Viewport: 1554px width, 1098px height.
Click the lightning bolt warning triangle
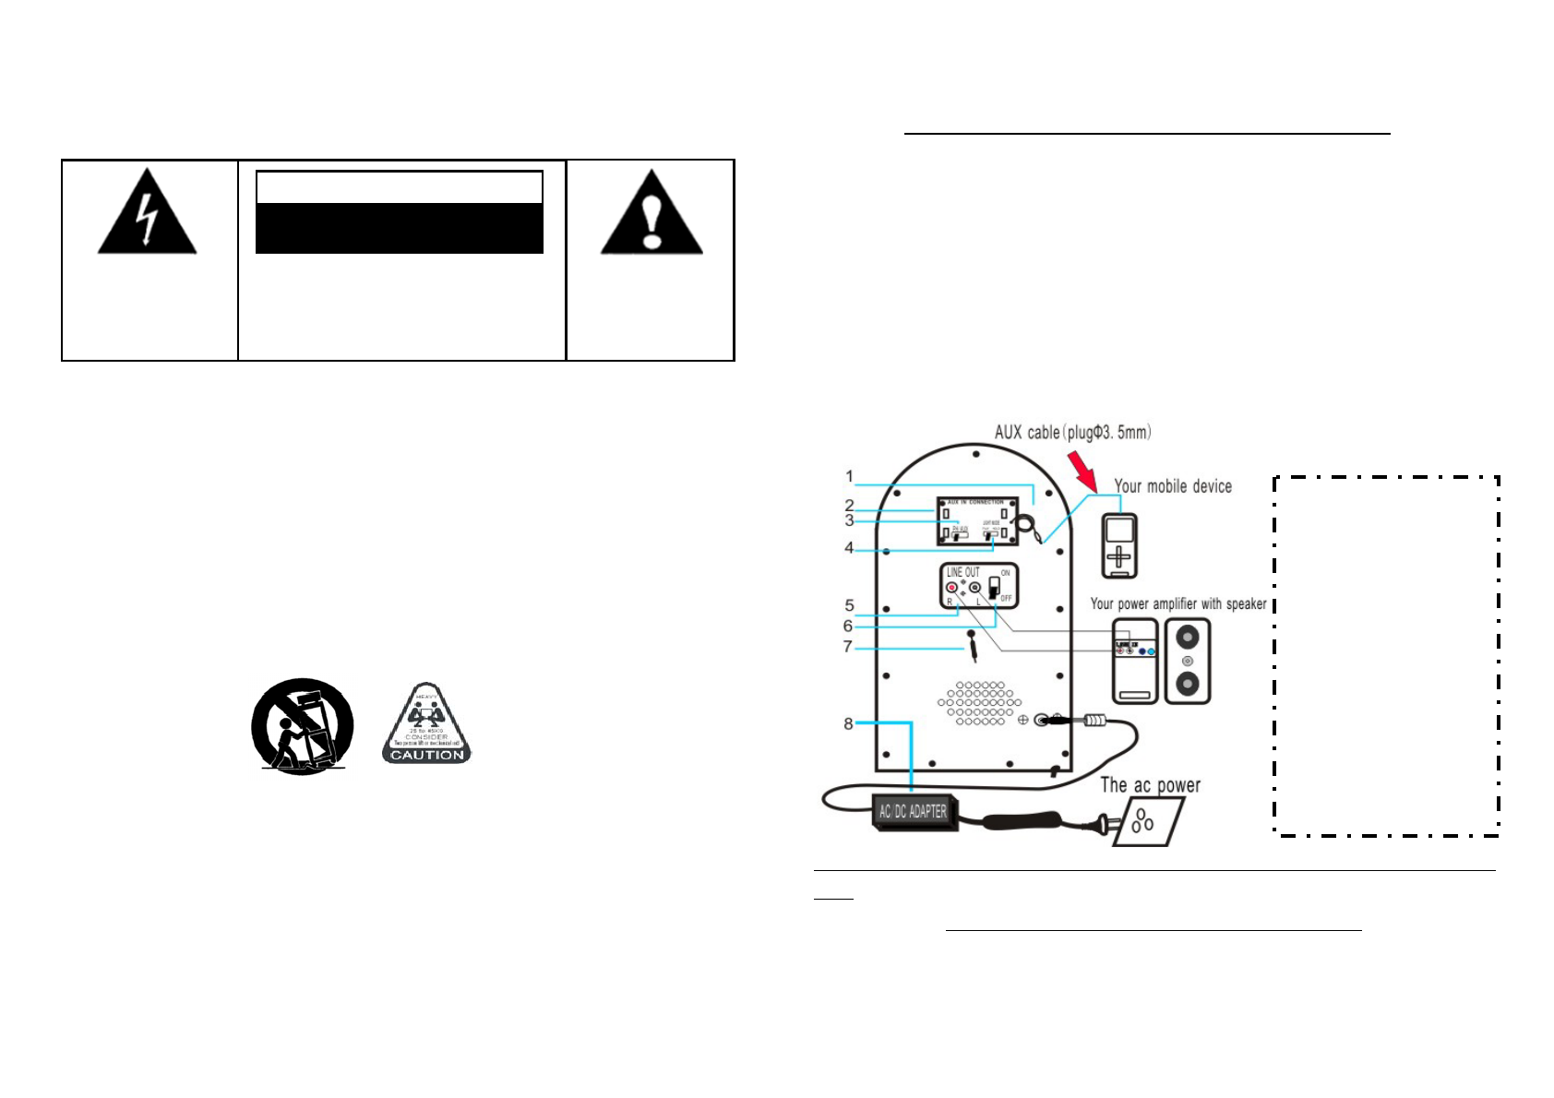pyautogui.click(x=147, y=215)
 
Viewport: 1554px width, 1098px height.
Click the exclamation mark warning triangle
pyautogui.click(x=651, y=215)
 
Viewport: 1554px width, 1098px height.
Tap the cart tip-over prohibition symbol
pyautogui.click(x=303, y=726)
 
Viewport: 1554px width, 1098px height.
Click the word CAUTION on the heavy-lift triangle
pyautogui.click(x=427, y=755)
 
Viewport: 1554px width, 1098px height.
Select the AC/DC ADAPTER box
pyautogui.click(x=913, y=812)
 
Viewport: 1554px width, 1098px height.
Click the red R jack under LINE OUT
pyautogui.click(x=951, y=588)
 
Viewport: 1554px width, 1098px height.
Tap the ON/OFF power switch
pyautogui.click(x=994, y=588)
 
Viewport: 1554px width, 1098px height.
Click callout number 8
pyautogui.click(x=848, y=723)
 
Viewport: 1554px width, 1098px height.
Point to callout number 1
pyautogui.click(x=850, y=477)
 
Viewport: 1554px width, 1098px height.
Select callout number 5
pyautogui.click(x=850, y=606)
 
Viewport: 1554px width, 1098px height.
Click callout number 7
pyautogui.click(x=848, y=647)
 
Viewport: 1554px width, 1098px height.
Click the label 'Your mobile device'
pyautogui.click(x=1172, y=486)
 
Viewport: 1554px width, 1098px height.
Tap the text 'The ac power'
pyautogui.click(x=1150, y=785)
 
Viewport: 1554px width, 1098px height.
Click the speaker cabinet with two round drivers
pyautogui.click(x=1188, y=661)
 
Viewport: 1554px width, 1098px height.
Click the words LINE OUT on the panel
pyautogui.click(x=962, y=572)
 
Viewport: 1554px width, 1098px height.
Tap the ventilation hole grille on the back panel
pyautogui.click(x=980, y=703)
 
